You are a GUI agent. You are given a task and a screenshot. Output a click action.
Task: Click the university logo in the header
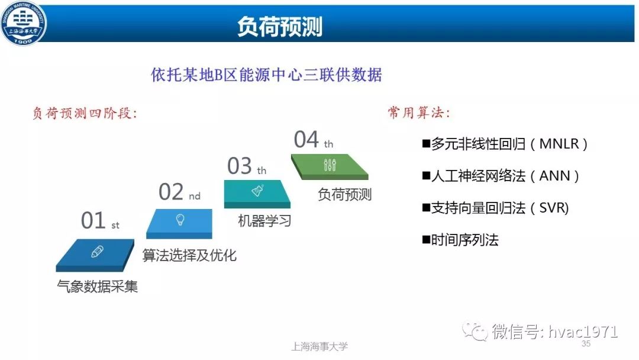(x=23, y=22)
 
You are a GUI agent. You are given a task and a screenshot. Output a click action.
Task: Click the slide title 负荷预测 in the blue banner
(x=279, y=27)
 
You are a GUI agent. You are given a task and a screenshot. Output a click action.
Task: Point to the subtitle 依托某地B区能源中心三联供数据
(x=266, y=75)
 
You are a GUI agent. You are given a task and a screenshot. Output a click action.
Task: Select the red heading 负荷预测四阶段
(x=85, y=113)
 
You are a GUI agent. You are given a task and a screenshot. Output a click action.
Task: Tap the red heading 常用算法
(x=418, y=112)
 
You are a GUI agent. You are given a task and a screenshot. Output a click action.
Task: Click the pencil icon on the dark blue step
(x=97, y=252)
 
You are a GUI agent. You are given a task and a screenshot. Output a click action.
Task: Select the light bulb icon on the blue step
(x=180, y=220)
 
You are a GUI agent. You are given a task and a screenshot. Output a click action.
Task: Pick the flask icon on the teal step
(x=257, y=191)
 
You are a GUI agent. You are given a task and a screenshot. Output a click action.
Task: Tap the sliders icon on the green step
(x=330, y=165)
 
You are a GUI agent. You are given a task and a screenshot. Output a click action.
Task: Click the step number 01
(x=93, y=220)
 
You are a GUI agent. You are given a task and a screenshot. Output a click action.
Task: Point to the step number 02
(x=171, y=192)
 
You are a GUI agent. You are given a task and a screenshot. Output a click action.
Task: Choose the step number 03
(x=239, y=166)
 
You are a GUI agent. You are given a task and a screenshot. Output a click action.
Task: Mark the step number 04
(x=306, y=139)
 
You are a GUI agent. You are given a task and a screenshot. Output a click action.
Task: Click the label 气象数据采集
(x=98, y=286)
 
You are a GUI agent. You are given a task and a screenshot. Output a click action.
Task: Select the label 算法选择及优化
(x=189, y=255)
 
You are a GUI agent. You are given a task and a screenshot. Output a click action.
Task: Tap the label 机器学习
(x=264, y=221)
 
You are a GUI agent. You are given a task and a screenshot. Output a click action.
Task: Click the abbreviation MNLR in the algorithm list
(x=559, y=144)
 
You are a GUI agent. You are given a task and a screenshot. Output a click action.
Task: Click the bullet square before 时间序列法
(x=426, y=240)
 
